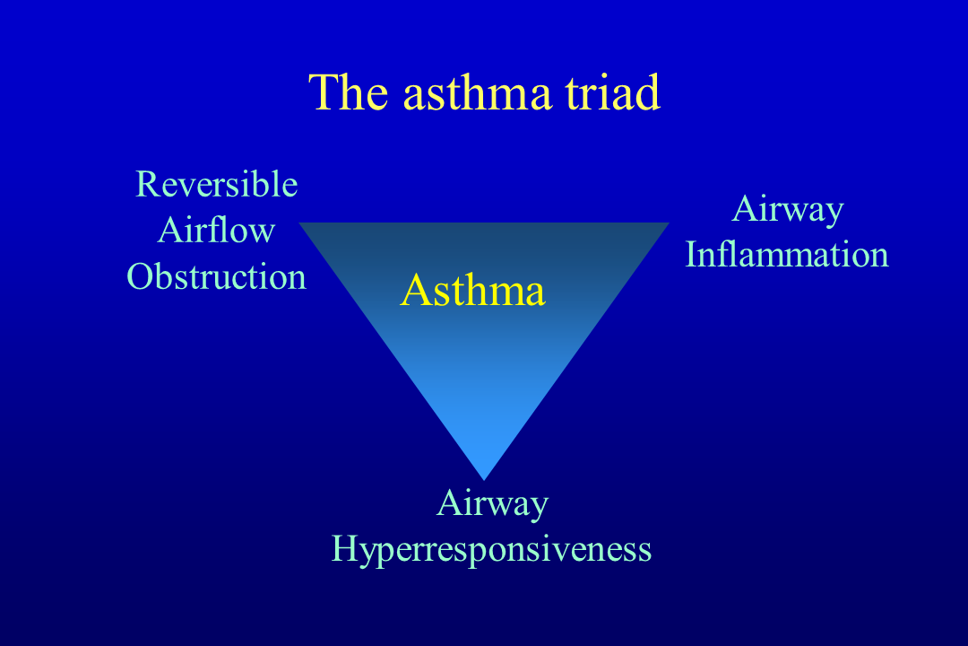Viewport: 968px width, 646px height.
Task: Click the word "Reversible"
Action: click(x=216, y=185)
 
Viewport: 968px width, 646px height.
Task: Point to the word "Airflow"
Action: click(x=216, y=231)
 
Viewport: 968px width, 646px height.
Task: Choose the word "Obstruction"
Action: click(x=216, y=276)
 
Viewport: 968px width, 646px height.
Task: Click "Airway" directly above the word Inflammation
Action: click(x=788, y=209)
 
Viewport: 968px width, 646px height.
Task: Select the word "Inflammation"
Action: click(x=787, y=255)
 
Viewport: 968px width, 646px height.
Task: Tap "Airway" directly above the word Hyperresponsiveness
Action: click(x=492, y=503)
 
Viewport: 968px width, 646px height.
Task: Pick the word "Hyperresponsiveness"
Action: click(x=491, y=549)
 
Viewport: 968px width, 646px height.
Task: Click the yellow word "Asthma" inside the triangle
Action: click(x=472, y=291)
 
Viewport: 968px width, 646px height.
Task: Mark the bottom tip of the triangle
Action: click(x=484, y=477)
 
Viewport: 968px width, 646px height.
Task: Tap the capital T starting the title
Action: click(x=324, y=92)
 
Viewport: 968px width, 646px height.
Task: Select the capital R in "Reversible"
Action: click(x=146, y=185)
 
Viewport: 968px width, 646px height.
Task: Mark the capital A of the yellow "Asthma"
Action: click(x=416, y=291)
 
